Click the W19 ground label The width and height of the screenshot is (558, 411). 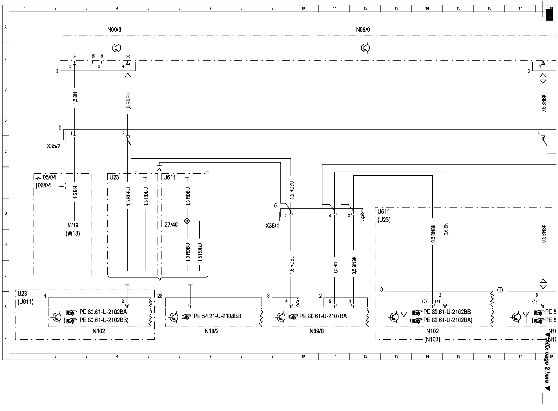[73, 225]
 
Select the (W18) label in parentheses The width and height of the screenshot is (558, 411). [73, 234]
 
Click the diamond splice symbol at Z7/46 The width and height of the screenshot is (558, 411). [187, 221]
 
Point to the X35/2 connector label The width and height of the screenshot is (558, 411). [54, 147]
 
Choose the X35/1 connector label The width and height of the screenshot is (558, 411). [272, 226]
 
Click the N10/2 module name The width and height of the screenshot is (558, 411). [212, 331]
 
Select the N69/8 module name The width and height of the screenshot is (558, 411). [316, 331]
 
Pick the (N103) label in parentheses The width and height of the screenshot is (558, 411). [432, 339]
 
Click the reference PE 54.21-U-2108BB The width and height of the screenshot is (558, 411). [217, 316]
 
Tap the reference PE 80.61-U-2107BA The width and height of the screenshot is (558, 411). [323, 316]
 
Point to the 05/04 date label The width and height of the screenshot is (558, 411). [49, 178]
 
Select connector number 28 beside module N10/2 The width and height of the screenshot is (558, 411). [160, 296]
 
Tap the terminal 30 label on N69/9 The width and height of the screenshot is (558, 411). [128, 56]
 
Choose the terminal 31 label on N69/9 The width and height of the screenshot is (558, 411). [75, 56]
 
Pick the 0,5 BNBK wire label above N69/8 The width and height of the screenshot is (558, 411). [354, 265]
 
